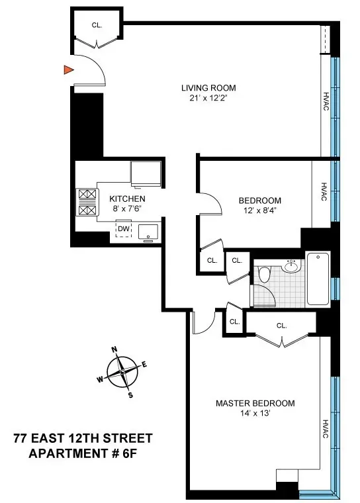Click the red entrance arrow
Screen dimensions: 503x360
[67, 70]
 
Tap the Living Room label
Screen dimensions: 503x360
[208, 88]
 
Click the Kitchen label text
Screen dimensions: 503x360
[127, 199]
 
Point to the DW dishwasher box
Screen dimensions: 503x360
[124, 229]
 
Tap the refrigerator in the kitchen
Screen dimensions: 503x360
[145, 174]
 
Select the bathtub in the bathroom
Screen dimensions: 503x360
[318, 279]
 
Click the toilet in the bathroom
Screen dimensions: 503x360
[265, 275]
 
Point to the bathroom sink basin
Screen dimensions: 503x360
[291, 266]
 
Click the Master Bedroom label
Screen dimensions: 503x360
[255, 403]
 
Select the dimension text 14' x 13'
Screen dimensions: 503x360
[255, 414]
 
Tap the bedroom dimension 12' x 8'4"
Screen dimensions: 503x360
[259, 211]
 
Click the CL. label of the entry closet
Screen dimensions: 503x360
[97, 25]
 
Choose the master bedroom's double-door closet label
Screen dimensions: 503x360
[281, 326]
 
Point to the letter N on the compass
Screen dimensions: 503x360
[114, 351]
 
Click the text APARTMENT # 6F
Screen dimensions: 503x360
[83, 453]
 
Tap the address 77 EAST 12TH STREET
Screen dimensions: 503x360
[83, 439]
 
